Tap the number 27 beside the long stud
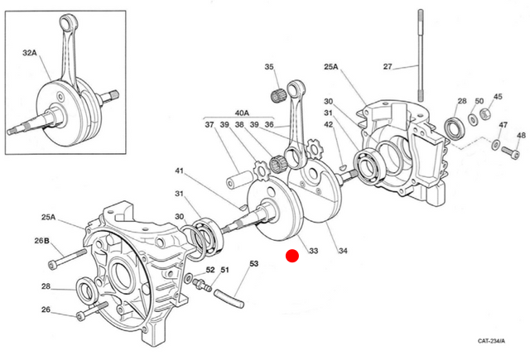[388, 66]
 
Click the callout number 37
[209, 125]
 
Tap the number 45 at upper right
[498, 96]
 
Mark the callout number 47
[503, 125]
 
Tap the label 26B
[42, 241]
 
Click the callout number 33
[314, 251]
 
